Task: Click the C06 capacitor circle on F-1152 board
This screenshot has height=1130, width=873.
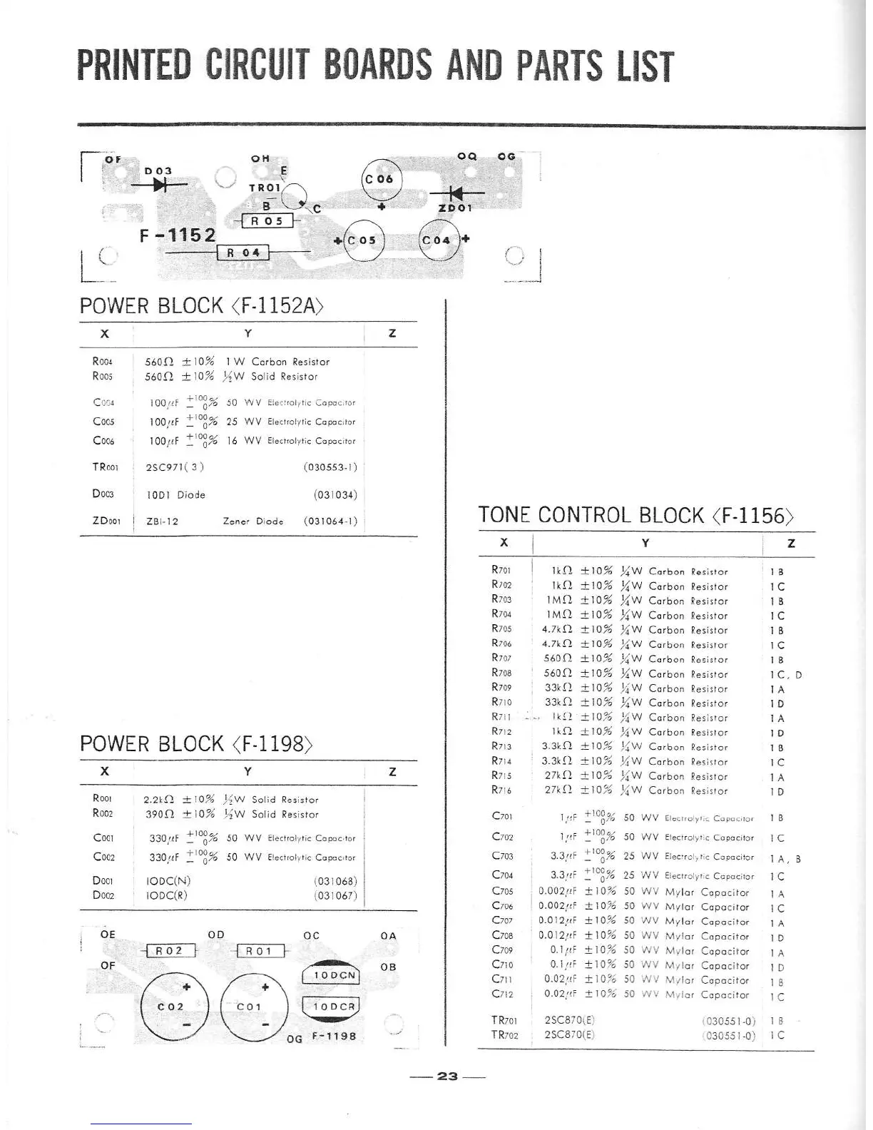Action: [382, 179]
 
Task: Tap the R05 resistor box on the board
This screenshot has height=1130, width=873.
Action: [265, 221]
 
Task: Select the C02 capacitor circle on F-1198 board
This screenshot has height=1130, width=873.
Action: [171, 1007]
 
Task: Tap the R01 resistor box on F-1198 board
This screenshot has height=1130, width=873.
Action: [259, 951]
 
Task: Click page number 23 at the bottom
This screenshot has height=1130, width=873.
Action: [447, 1076]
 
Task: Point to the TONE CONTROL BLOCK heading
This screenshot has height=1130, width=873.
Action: [635, 515]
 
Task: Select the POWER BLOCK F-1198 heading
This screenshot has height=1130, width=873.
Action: [196, 743]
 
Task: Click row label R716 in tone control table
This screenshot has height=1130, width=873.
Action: [501, 790]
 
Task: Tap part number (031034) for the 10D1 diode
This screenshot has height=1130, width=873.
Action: [335, 494]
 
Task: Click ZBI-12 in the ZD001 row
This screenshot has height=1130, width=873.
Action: [162, 521]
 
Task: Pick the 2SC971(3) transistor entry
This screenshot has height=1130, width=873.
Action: [175, 467]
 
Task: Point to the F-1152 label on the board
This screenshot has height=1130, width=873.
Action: [178, 235]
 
